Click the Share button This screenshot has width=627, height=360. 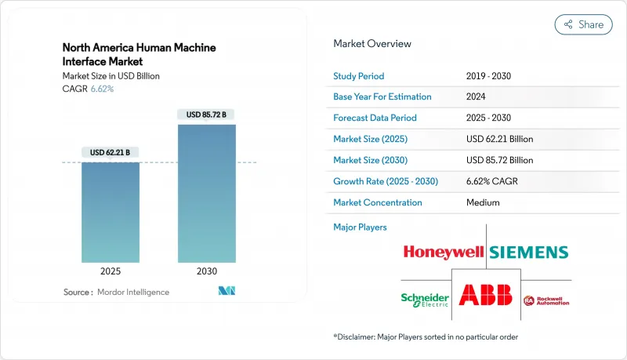click(x=583, y=24)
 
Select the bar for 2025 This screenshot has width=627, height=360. click(x=111, y=212)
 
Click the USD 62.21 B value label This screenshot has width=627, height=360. click(x=111, y=152)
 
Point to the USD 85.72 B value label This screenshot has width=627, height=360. click(x=206, y=115)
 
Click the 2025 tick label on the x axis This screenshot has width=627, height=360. click(x=111, y=271)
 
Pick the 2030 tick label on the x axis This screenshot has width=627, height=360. click(x=206, y=271)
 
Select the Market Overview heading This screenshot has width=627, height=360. click(x=372, y=44)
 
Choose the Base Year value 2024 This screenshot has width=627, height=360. click(x=477, y=97)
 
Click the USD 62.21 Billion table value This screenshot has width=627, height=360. click(x=498, y=139)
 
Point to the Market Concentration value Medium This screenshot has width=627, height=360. click(x=483, y=202)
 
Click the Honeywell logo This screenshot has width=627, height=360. click(x=444, y=252)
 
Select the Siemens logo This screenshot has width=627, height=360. click(x=529, y=252)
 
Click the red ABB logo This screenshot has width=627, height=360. click(x=485, y=296)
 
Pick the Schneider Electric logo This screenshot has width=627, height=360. click(x=426, y=299)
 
